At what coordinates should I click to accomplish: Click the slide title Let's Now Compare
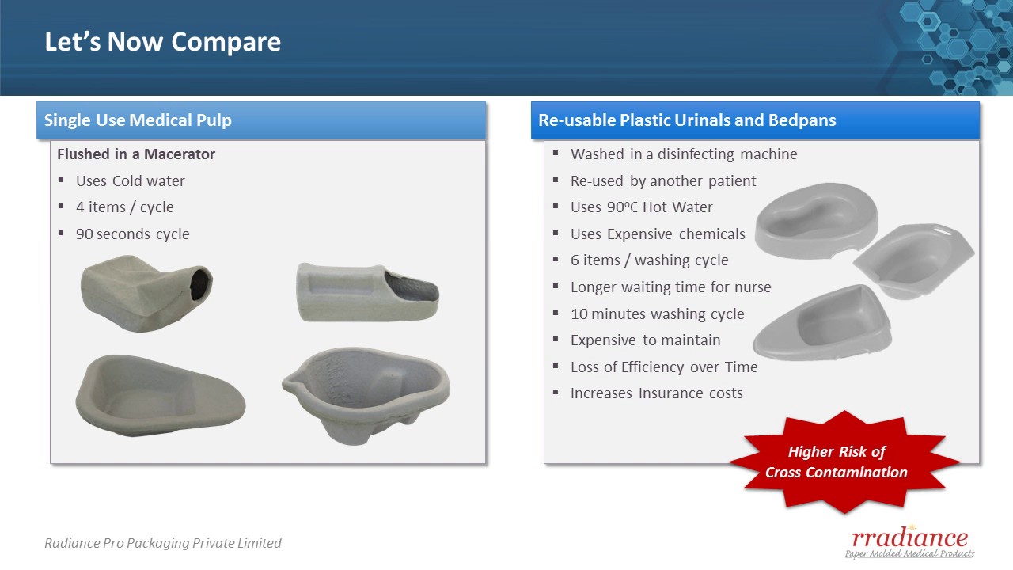click(x=162, y=42)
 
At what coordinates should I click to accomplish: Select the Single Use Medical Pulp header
click(x=138, y=120)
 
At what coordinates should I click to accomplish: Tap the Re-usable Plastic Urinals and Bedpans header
click(x=687, y=120)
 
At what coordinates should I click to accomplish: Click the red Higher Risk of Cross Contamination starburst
click(x=837, y=462)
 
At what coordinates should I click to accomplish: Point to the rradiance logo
click(x=909, y=541)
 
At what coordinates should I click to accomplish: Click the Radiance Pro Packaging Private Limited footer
click(x=162, y=543)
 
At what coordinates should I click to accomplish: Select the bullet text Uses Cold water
click(x=130, y=181)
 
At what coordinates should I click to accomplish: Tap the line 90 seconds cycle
click(x=132, y=234)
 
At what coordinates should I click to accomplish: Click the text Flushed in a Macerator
click(x=136, y=154)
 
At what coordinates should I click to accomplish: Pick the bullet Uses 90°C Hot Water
click(x=641, y=207)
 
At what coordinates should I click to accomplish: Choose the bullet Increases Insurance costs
click(x=656, y=393)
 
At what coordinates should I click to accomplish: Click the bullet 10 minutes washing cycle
click(x=657, y=314)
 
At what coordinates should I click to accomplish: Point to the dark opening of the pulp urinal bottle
click(x=200, y=284)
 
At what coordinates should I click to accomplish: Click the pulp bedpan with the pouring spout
click(x=364, y=393)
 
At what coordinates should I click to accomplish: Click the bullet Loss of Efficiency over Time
click(x=663, y=367)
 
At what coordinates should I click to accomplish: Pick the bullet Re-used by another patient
click(x=662, y=181)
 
